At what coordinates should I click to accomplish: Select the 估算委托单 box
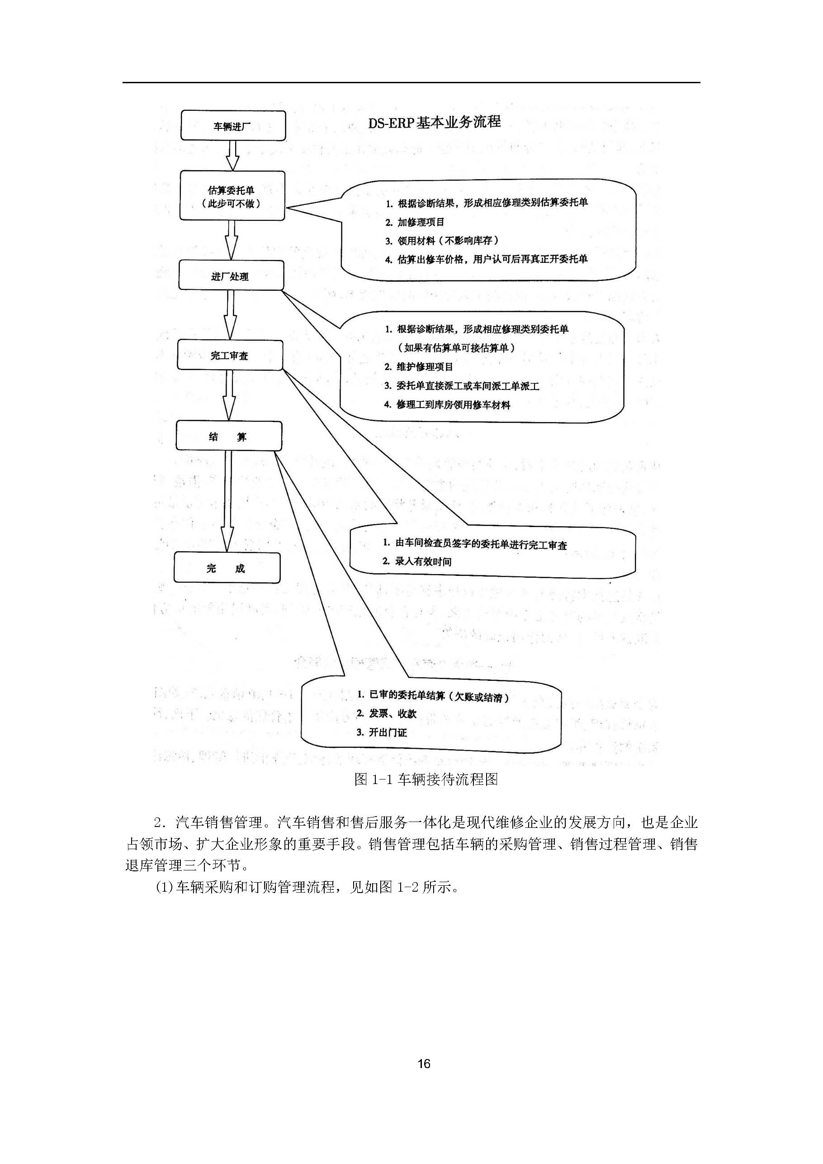click(x=232, y=196)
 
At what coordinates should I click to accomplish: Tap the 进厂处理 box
click(x=231, y=276)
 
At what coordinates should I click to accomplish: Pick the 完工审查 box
click(x=230, y=356)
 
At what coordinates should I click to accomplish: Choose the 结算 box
click(x=228, y=436)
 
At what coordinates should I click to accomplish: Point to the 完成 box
click(x=227, y=568)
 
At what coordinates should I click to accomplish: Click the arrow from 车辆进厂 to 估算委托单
click(x=232, y=155)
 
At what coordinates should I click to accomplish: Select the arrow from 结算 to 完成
click(x=227, y=501)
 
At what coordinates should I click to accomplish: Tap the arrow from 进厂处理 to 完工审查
click(x=230, y=315)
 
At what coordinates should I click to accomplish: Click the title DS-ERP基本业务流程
click(x=434, y=122)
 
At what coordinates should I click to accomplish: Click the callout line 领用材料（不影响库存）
click(x=442, y=241)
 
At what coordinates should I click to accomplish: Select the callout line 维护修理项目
click(x=419, y=366)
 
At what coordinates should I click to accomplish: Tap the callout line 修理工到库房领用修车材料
click(x=447, y=404)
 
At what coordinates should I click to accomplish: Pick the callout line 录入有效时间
click(x=416, y=561)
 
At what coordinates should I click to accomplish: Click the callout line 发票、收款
click(x=386, y=713)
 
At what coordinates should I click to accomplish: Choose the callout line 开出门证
click(x=382, y=732)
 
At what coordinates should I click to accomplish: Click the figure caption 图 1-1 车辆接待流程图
click(x=426, y=779)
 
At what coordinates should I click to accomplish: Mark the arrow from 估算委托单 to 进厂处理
click(x=232, y=240)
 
